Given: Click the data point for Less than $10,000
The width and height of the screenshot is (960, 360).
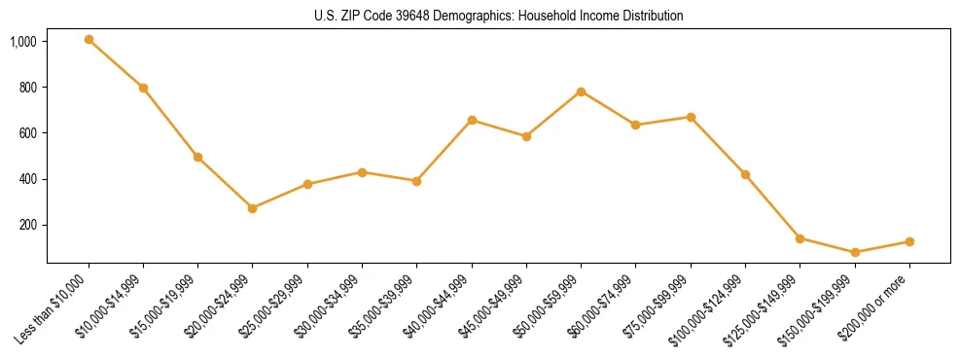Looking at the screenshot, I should pyautogui.click(x=89, y=40).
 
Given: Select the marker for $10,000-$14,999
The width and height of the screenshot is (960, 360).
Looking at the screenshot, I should pyautogui.click(x=143, y=88).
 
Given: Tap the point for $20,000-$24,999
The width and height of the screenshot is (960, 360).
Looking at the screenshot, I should pyautogui.click(x=253, y=208).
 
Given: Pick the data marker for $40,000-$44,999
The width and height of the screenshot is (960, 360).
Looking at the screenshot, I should pyautogui.click(x=472, y=120).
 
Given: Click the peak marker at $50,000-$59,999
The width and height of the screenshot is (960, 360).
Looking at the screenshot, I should pyautogui.click(x=581, y=91).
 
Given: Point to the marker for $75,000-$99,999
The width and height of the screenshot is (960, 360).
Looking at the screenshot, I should pyautogui.click(x=691, y=117).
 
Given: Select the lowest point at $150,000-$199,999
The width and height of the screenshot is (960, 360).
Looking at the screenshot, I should pyautogui.click(x=855, y=252).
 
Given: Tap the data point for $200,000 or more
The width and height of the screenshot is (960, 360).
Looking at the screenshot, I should pyautogui.click(x=909, y=241).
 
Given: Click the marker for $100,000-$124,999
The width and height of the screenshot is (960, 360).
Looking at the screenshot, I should pyautogui.click(x=745, y=174).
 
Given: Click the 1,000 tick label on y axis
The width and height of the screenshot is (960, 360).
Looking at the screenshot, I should pyautogui.click(x=23, y=42).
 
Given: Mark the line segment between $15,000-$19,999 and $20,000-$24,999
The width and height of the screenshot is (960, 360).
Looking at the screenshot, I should pyautogui.click(x=226, y=183).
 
